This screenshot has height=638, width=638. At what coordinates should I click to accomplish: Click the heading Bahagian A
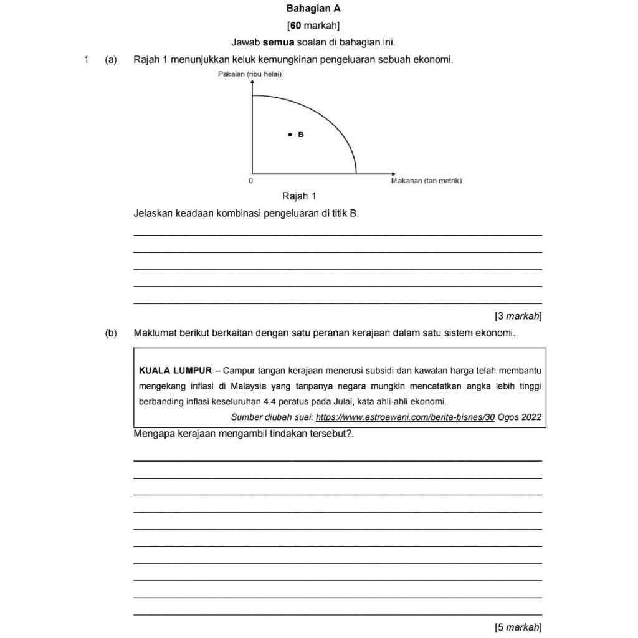(x=313, y=9)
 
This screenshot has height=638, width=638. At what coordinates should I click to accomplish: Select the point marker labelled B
(x=290, y=134)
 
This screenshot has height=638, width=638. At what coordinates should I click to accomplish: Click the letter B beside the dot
(x=300, y=134)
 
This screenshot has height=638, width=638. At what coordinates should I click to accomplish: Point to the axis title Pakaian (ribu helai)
(x=250, y=75)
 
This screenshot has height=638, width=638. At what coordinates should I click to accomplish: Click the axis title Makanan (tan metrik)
(x=426, y=181)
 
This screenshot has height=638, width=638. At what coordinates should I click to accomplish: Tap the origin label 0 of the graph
(x=250, y=181)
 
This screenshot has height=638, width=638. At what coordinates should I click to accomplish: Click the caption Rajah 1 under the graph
(x=299, y=196)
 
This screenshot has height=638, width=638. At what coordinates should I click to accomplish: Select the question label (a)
(x=112, y=60)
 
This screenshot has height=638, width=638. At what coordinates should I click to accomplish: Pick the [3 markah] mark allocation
(x=518, y=317)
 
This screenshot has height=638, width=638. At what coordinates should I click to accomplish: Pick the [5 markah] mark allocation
(x=518, y=627)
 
